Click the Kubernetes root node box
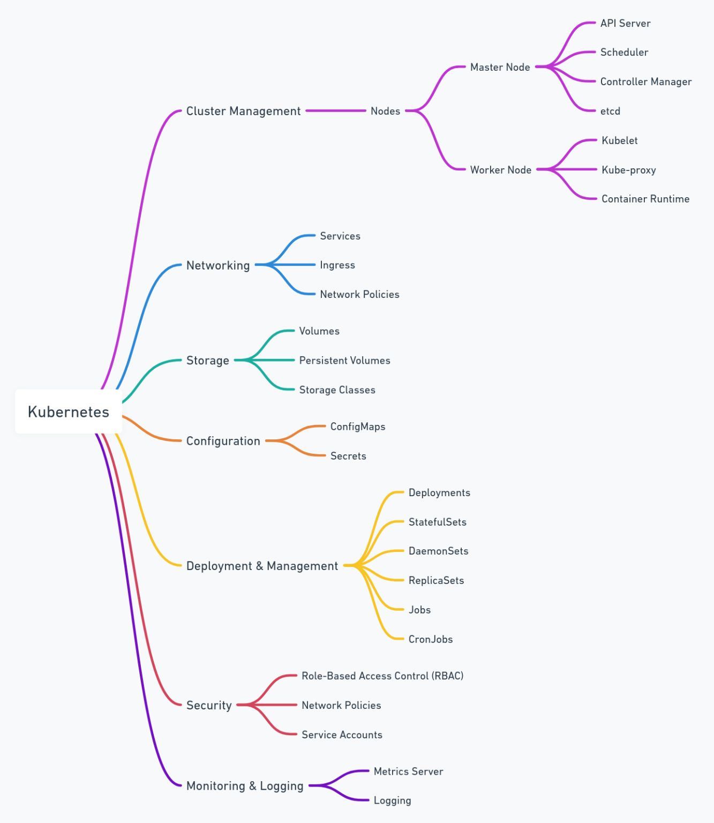[69, 411]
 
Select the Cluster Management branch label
[243, 111]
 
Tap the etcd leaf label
[610, 111]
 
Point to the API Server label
[625, 24]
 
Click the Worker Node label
[500, 170]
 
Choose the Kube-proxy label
[629, 170]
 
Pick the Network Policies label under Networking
[359, 295]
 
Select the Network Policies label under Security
[341, 705]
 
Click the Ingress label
[337, 265]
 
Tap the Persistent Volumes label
[344, 361]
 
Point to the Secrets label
[348, 456]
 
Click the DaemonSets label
[438, 551]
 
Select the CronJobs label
[431, 639]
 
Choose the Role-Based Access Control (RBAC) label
[382, 676]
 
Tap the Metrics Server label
[409, 771]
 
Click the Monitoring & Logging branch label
[245, 786]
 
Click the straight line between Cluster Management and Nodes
[336, 110]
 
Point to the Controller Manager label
[645, 81]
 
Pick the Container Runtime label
[645, 199]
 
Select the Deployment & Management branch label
[262, 566]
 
